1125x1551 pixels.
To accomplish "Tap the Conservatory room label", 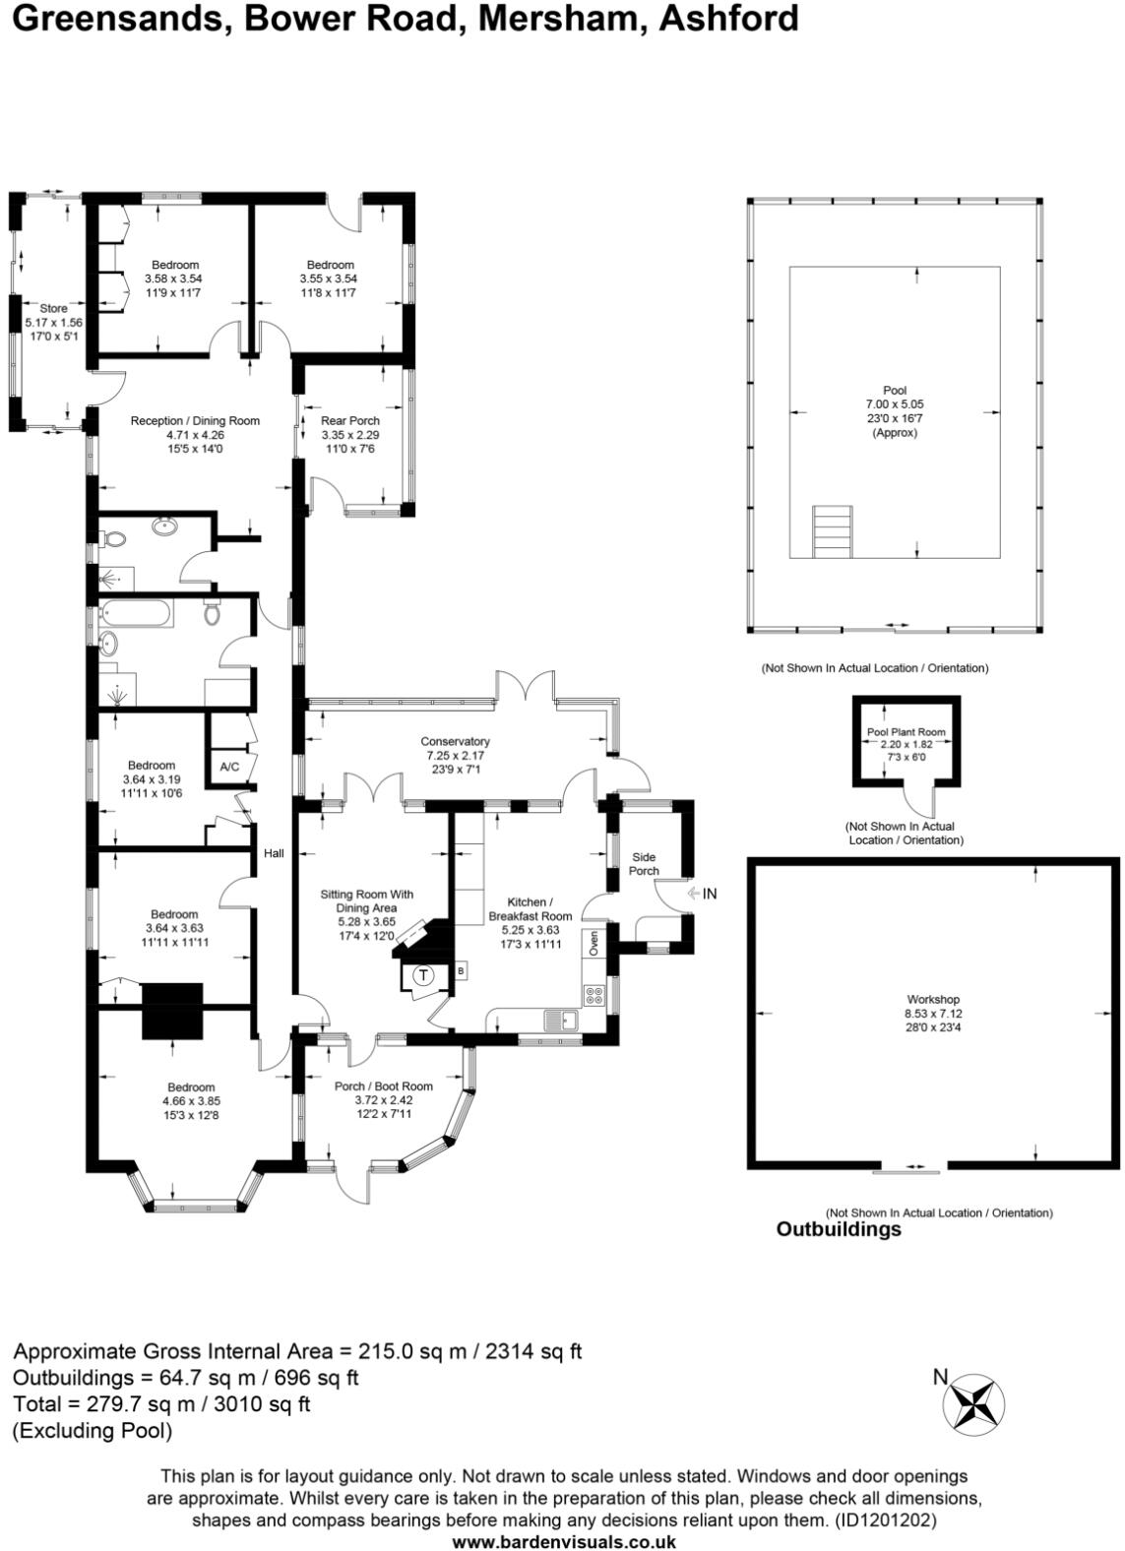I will coord(455,741).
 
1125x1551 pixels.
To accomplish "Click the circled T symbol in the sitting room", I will coord(423,975).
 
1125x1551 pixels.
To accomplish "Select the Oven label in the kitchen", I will coord(594,944).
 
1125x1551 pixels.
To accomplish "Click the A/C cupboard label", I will coord(229,767).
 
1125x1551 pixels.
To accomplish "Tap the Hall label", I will coord(274,853).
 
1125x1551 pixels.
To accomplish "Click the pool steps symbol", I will coord(833,531).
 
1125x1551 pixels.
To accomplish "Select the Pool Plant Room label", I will coord(906,732).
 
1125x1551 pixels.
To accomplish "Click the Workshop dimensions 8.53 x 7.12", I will coord(933,1014).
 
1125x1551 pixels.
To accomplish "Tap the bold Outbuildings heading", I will coord(839,1229).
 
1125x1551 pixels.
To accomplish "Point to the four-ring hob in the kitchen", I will coord(594,995).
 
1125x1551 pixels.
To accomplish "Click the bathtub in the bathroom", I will coord(136,614).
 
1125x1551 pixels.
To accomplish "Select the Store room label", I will coord(54,308).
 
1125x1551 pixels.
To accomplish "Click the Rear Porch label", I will coord(349,420).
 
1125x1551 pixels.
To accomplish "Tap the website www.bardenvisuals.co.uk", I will coord(563,1542).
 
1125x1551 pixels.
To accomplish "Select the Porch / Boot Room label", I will coord(383,1086).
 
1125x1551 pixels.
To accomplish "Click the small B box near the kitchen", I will coord(461,971).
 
